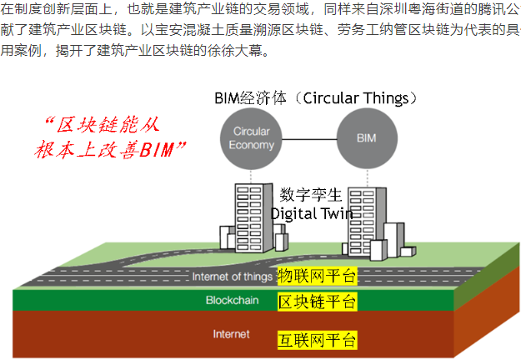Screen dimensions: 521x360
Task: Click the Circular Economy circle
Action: [x=251, y=138]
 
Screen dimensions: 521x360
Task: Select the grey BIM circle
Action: [x=367, y=138]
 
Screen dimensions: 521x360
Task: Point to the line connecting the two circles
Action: [x=309, y=139]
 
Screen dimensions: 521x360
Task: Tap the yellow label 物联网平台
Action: [x=318, y=276]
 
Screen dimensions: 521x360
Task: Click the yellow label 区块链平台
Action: [x=318, y=302]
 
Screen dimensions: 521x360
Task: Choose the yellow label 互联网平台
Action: [x=318, y=340]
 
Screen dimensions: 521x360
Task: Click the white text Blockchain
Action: [x=233, y=300]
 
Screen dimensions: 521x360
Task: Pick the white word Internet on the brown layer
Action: [x=231, y=334]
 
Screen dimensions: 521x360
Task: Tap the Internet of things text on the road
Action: [x=233, y=277]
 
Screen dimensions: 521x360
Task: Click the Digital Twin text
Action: [x=312, y=213]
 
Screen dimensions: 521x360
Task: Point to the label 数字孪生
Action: [x=311, y=195]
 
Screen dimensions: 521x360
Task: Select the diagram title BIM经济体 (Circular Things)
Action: [x=316, y=98]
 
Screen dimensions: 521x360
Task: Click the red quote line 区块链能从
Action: [x=103, y=125]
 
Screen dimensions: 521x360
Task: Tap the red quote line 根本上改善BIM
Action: [x=110, y=149]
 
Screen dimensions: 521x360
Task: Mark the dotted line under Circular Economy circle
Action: [x=251, y=177]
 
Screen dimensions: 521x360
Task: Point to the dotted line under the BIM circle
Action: [x=367, y=178]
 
